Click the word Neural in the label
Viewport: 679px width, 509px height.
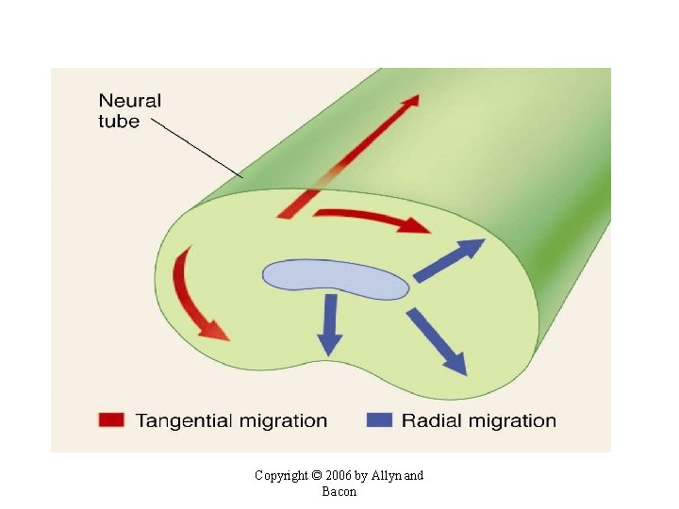pyautogui.click(x=130, y=101)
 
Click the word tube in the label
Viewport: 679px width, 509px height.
pyautogui.click(x=119, y=121)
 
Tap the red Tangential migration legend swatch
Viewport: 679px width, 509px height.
pyautogui.click(x=110, y=421)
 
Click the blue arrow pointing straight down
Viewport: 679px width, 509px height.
pyautogui.click(x=329, y=323)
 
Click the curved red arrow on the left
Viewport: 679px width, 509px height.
pyautogui.click(x=193, y=295)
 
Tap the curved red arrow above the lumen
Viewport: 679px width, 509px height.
pyautogui.click(x=370, y=220)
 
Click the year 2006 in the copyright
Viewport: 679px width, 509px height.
pyautogui.click(x=339, y=476)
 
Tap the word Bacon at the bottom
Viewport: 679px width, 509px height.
pyautogui.click(x=339, y=491)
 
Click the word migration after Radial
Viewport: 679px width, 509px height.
pyautogui.click(x=509, y=421)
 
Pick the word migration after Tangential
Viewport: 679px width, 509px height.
pyautogui.click(x=280, y=421)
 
